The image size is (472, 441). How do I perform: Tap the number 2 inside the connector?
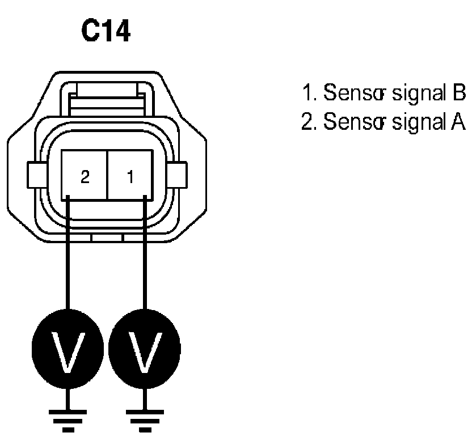click(x=85, y=177)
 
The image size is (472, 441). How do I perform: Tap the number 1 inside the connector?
click(x=130, y=177)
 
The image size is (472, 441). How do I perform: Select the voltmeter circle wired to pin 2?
click(x=68, y=346)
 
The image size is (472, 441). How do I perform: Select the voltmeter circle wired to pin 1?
click(x=146, y=346)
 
